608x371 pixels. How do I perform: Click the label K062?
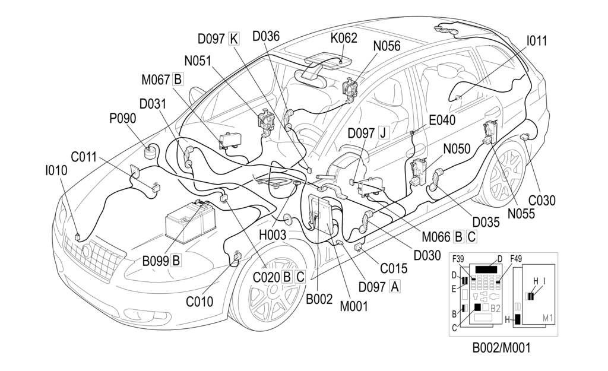(x=344, y=39)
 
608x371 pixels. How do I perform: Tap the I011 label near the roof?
(x=537, y=41)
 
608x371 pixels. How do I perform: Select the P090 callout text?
(x=122, y=118)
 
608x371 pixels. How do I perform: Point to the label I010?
(x=56, y=170)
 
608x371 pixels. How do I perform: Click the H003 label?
(x=273, y=235)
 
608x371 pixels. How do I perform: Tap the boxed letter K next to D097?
(x=233, y=39)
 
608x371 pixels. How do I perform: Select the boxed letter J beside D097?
(x=382, y=132)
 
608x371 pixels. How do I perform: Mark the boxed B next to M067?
(x=178, y=79)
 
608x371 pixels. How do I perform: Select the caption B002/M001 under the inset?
(x=502, y=348)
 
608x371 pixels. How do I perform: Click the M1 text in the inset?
(x=547, y=319)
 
